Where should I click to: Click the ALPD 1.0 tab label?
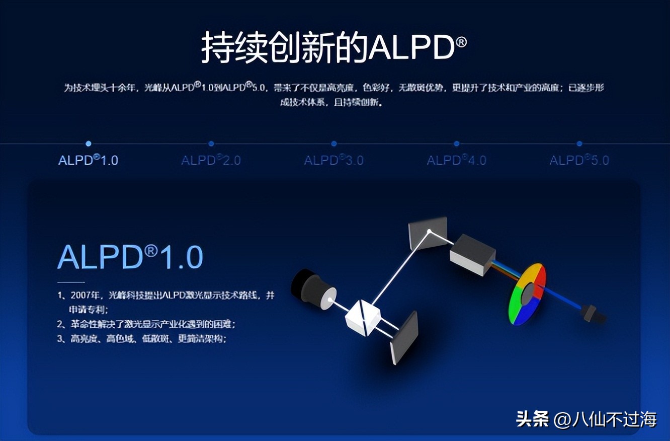(x=88, y=161)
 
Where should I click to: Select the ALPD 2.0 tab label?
(x=211, y=161)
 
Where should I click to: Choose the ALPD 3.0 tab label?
(x=333, y=161)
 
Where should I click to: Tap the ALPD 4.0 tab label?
(x=456, y=161)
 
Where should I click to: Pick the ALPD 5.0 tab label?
(x=579, y=161)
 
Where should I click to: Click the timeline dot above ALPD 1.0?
(x=89, y=143)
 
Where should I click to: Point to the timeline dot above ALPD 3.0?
(x=334, y=143)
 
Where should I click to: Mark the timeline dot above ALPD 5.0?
(x=579, y=143)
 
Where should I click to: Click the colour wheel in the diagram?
(x=527, y=294)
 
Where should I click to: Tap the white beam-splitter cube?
(x=362, y=317)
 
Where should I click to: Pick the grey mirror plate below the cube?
(x=404, y=338)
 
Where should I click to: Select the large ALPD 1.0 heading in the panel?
(x=130, y=257)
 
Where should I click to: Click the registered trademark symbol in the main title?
(x=461, y=42)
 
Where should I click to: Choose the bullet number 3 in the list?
(x=60, y=339)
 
